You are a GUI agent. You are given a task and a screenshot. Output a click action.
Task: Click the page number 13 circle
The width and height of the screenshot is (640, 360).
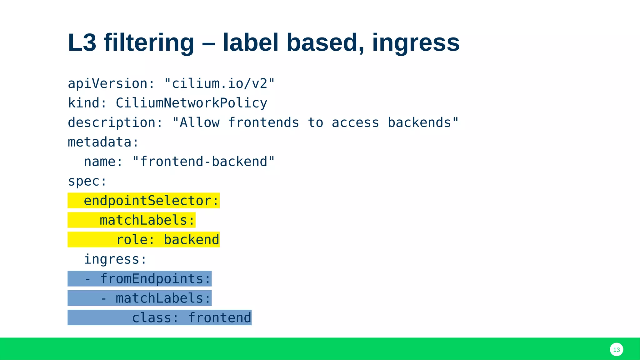[616, 350]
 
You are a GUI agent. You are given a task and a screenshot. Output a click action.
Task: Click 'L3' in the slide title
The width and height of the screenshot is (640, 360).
[82, 42]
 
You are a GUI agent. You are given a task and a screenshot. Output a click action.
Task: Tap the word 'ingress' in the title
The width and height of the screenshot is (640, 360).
[416, 43]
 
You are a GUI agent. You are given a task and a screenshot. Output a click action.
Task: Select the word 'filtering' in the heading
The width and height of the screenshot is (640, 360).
[149, 42]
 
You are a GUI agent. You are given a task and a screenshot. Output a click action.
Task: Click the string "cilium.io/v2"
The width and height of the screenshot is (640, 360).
[219, 84]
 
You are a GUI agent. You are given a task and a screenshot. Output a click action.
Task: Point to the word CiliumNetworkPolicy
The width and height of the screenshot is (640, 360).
[191, 103]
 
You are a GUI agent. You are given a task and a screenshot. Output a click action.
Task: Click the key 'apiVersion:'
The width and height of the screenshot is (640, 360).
[111, 84]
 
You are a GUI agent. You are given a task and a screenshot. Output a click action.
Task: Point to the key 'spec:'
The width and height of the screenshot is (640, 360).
[87, 181]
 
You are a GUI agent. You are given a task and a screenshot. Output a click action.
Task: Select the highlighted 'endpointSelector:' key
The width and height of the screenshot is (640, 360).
[151, 201]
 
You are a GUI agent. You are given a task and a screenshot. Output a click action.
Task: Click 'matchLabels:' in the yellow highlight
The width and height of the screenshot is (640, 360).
[147, 220]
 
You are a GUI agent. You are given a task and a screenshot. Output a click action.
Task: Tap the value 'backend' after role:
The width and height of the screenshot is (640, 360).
[191, 240]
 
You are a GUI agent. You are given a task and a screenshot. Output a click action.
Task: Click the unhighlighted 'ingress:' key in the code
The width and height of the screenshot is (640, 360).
[115, 259]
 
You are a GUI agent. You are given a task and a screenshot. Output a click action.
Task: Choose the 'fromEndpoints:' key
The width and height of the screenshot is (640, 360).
[155, 279]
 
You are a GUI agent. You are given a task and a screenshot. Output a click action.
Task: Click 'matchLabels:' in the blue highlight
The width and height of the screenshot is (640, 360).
[163, 298]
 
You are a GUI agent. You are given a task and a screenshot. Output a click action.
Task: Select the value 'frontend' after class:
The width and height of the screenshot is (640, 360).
[219, 318]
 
